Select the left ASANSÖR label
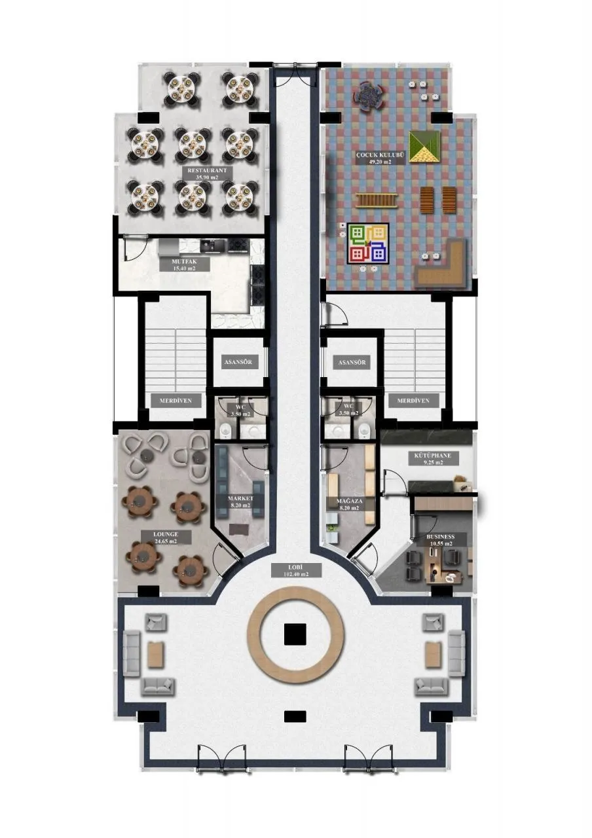point(238,362)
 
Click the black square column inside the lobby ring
point(295,634)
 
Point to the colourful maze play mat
point(368,244)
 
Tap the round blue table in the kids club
point(368,96)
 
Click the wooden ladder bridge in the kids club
point(377,200)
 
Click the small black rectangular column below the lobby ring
point(295,716)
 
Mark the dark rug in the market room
point(238,530)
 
